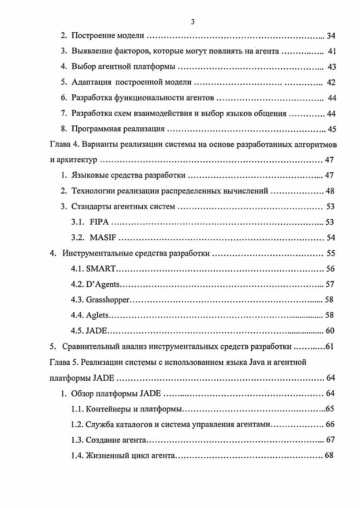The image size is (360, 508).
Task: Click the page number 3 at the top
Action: point(193,22)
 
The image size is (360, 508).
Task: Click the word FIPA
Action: point(99,222)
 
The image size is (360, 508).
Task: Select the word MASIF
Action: point(103,237)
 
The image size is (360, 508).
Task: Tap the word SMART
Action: point(101,269)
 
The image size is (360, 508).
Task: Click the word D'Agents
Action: point(102,284)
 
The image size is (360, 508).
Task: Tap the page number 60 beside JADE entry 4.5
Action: point(330,330)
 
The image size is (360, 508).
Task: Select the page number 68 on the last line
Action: point(329,455)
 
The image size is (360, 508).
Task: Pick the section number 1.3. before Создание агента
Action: point(78,440)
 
